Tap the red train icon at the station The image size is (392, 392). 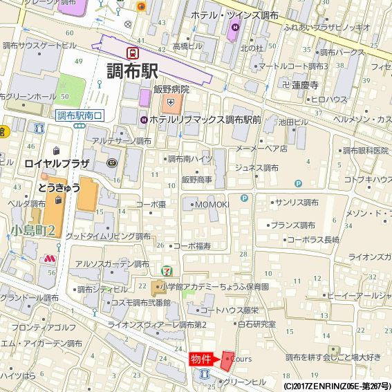(132, 52)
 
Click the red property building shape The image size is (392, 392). (227, 360)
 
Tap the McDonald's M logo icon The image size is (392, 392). (48, 258)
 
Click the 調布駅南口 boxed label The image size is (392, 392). (80, 115)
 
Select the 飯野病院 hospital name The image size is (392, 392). (171, 89)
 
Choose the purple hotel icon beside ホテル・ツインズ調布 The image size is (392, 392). (235, 28)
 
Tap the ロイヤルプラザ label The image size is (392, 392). (57, 164)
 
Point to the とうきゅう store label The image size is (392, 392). (59, 187)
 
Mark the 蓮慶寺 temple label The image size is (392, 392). (304, 85)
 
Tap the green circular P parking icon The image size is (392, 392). (298, 183)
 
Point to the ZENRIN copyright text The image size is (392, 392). (337, 385)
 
